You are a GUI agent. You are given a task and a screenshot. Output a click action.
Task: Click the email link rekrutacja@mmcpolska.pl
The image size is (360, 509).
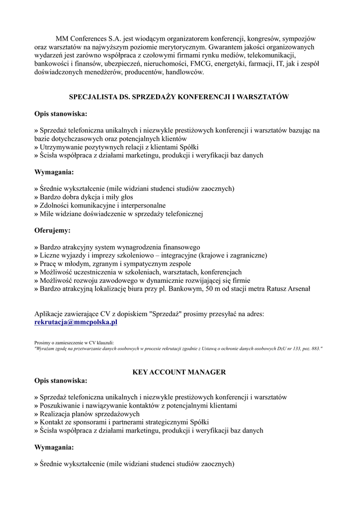(76, 322)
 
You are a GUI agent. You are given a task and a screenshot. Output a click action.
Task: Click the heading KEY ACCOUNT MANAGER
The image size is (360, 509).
(180, 372)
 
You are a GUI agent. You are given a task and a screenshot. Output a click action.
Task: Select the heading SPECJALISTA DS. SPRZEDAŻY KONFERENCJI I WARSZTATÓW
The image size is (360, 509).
(179, 97)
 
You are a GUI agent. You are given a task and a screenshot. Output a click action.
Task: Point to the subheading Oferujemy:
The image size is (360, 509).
(52, 231)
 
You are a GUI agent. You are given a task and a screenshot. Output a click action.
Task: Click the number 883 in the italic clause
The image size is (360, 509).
(315, 349)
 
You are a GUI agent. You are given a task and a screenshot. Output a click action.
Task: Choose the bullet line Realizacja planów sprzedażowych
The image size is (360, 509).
(87, 414)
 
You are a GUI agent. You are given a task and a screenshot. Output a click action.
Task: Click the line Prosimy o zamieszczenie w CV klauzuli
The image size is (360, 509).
(74, 342)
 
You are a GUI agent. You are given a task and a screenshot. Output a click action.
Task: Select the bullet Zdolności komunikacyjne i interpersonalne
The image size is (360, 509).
(100, 205)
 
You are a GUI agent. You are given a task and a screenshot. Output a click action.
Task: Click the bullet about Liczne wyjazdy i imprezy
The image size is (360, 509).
(151, 255)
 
